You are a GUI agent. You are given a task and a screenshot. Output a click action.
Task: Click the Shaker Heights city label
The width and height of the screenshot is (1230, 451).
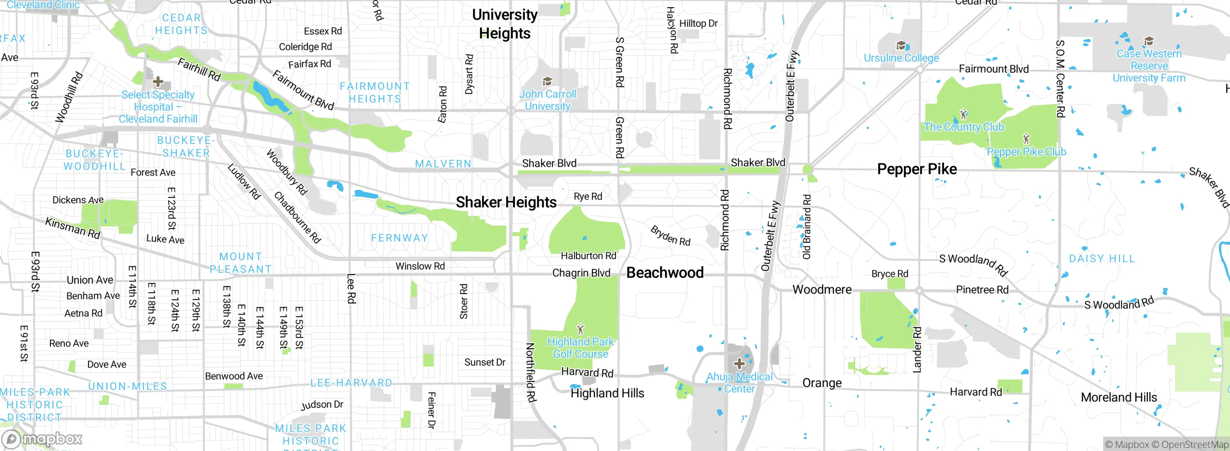pos(506,202)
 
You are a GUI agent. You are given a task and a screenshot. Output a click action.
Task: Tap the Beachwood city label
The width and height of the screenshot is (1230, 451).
pos(665,273)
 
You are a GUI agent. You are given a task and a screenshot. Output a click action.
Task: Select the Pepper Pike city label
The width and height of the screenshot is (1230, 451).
pos(917,169)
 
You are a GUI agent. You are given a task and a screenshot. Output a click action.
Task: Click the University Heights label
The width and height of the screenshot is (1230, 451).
pos(504,24)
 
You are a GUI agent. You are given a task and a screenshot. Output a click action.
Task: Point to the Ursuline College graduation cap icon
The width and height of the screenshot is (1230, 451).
pos(901,46)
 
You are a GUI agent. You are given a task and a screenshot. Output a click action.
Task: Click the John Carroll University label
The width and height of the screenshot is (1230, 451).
pos(547,100)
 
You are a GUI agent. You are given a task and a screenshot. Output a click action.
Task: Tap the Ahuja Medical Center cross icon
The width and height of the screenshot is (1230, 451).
pos(739,363)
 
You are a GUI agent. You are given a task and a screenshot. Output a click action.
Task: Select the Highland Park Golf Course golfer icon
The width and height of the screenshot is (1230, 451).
pos(580,329)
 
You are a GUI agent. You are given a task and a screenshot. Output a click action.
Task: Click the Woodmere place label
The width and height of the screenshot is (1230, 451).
pos(822,289)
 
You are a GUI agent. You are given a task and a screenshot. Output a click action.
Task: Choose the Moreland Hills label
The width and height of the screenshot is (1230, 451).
pos(1119,397)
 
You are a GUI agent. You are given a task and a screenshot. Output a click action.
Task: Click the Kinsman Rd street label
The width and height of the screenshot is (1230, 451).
pos(73,228)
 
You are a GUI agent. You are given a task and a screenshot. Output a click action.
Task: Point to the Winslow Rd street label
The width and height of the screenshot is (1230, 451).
pos(420,266)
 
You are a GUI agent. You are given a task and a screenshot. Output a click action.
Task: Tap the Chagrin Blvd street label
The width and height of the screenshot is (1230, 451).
pos(581,273)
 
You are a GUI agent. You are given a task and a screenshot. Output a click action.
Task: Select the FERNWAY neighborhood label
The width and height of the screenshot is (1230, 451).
pos(399,238)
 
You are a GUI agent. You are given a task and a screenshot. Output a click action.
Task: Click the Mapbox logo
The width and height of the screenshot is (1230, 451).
pos(42,439)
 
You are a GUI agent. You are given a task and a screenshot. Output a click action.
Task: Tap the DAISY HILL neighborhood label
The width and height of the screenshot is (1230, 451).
pos(1102,259)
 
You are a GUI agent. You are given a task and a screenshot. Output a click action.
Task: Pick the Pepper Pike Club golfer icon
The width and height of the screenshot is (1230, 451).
pos(1026,139)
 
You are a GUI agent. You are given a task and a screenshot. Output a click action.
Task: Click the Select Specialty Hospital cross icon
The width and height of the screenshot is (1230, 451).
pos(158,82)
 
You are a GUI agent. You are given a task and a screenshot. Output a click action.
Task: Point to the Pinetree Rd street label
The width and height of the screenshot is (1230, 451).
pos(982,290)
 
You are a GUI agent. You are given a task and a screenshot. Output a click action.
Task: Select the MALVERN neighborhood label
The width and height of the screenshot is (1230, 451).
pos(443,164)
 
